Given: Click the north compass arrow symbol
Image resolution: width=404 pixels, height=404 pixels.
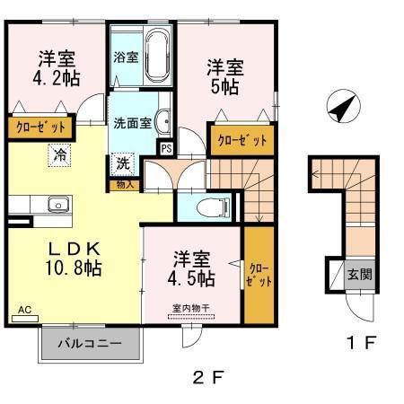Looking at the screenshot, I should click(338, 109).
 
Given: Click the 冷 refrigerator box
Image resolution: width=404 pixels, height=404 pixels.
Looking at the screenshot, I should click(60, 154).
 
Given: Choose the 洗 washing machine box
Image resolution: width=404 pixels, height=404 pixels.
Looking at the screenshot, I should click(123, 164).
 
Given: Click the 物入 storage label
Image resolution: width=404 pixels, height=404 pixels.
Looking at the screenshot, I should click(125, 185).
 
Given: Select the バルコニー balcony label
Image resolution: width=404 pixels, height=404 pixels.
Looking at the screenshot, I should click(90, 343).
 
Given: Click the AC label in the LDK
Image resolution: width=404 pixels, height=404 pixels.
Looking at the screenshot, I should click(24, 309).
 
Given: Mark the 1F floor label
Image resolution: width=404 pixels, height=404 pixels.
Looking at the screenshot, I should click(360, 342).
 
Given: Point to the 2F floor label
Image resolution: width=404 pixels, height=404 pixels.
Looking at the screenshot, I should click(208, 376).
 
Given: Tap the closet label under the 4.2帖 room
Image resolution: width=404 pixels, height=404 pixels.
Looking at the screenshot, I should click(40, 127).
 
